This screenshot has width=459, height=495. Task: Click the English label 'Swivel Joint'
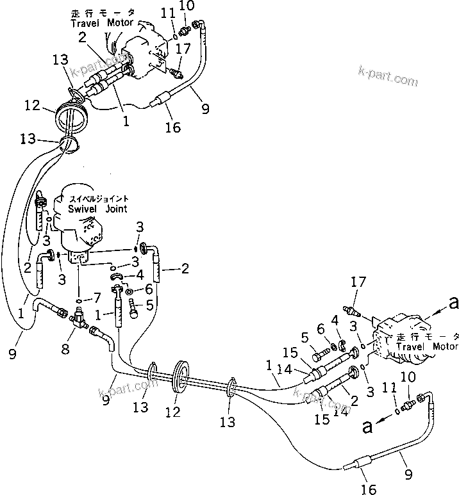pos(97,209)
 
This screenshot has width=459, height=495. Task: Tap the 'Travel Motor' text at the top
pos(103,23)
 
